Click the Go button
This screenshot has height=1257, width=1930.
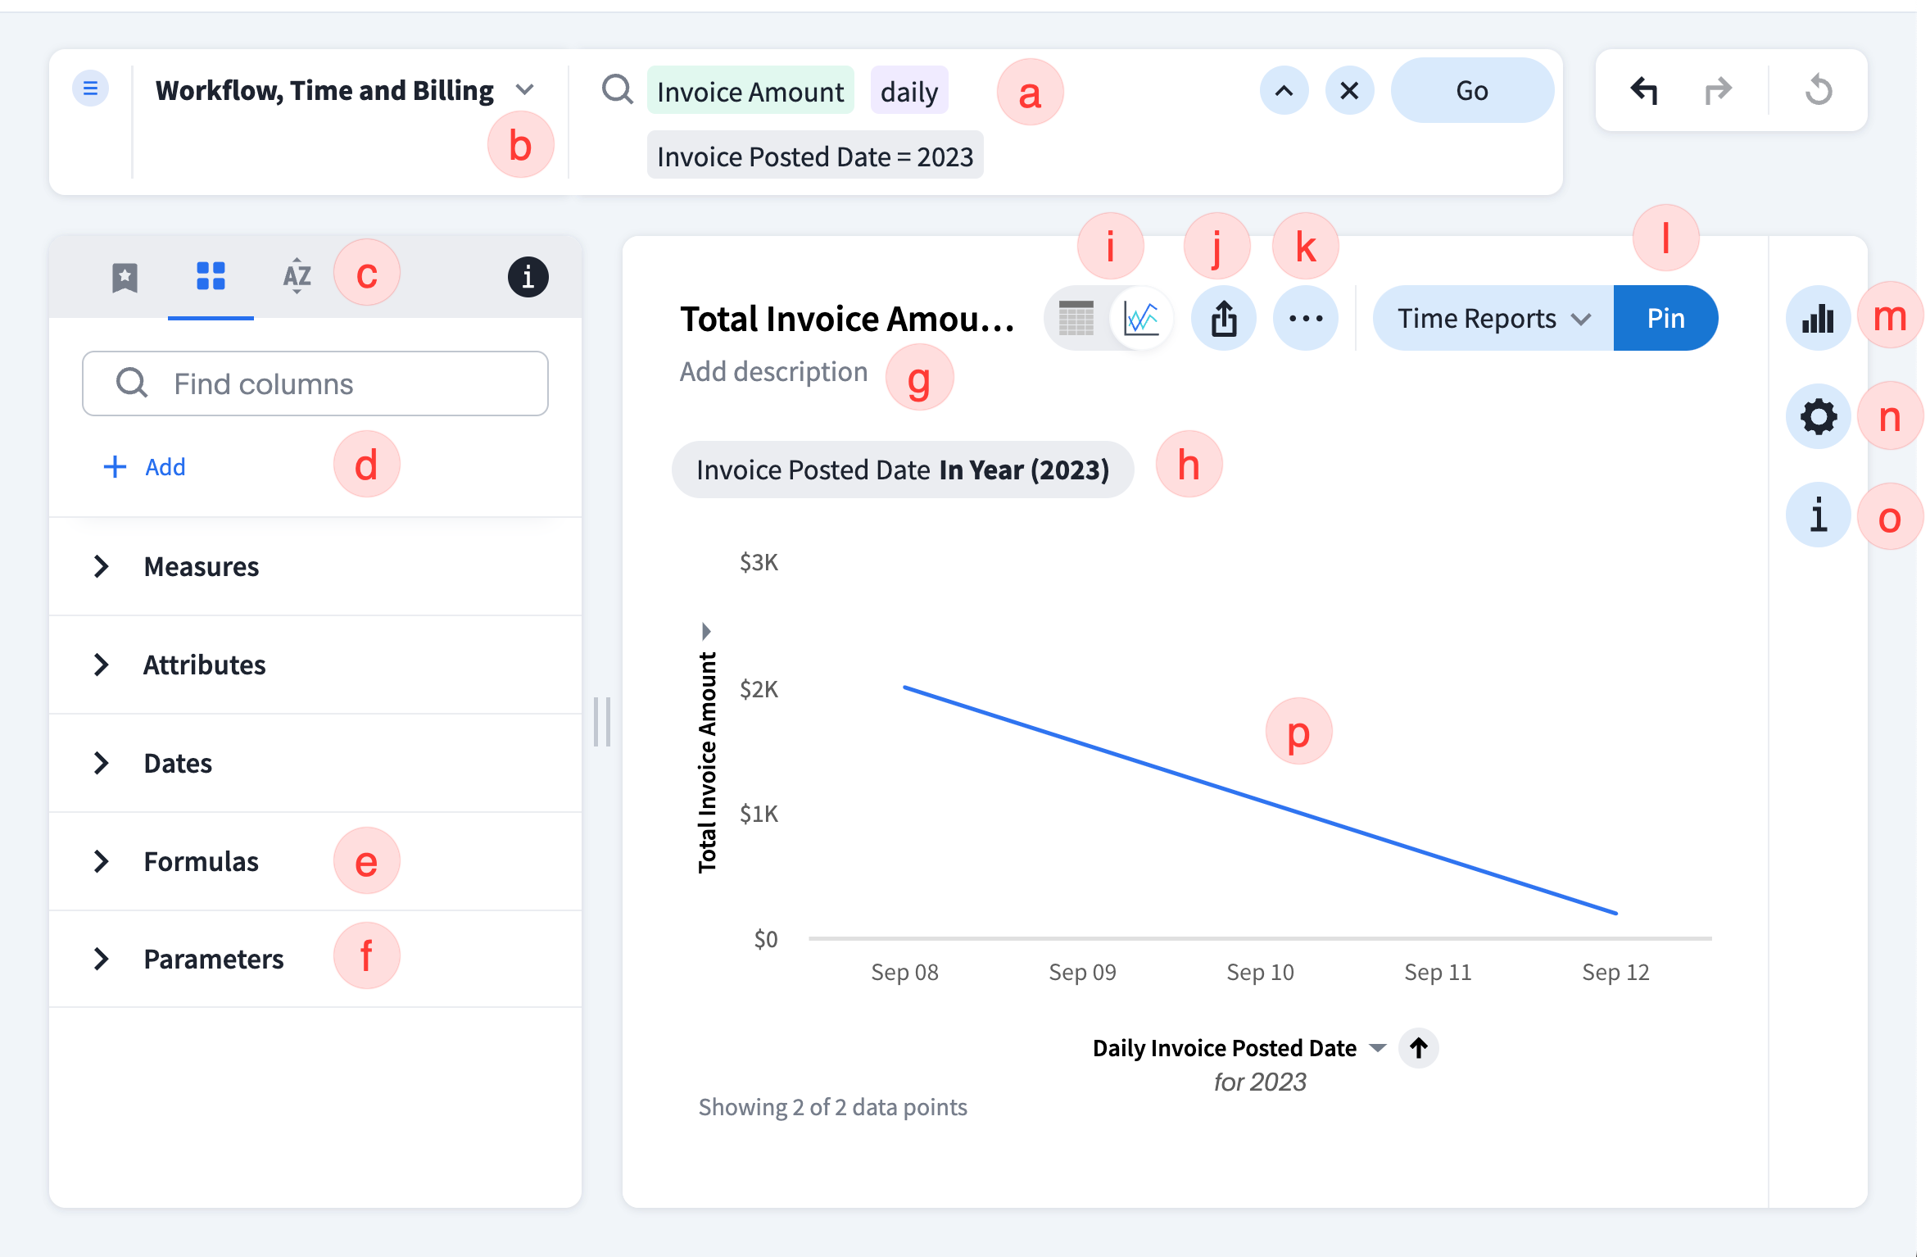tap(1471, 90)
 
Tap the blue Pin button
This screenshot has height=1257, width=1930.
tap(1665, 318)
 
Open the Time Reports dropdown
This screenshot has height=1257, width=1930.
tap(1493, 318)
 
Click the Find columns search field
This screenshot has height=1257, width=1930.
tap(315, 383)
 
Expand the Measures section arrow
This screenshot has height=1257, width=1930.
tap(102, 566)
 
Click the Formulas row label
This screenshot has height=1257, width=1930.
tap(202, 861)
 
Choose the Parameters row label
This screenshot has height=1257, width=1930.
tap(214, 959)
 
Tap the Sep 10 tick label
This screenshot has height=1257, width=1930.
tap(1260, 972)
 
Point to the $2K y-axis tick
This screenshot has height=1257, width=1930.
tap(759, 689)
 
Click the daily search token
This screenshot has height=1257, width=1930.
tap(909, 91)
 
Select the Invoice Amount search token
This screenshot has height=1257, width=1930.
tap(750, 91)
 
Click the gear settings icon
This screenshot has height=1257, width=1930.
tap(1818, 417)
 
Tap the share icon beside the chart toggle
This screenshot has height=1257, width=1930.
tap(1224, 318)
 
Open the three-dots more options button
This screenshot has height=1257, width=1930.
tap(1305, 318)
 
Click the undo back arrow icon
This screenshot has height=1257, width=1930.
tap(1643, 90)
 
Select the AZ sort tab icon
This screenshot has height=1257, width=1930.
tap(297, 276)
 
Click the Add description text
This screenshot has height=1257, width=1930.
tap(773, 372)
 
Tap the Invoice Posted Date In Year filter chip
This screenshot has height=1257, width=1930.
tap(902, 470)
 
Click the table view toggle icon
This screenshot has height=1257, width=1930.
tap(1076, 318)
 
